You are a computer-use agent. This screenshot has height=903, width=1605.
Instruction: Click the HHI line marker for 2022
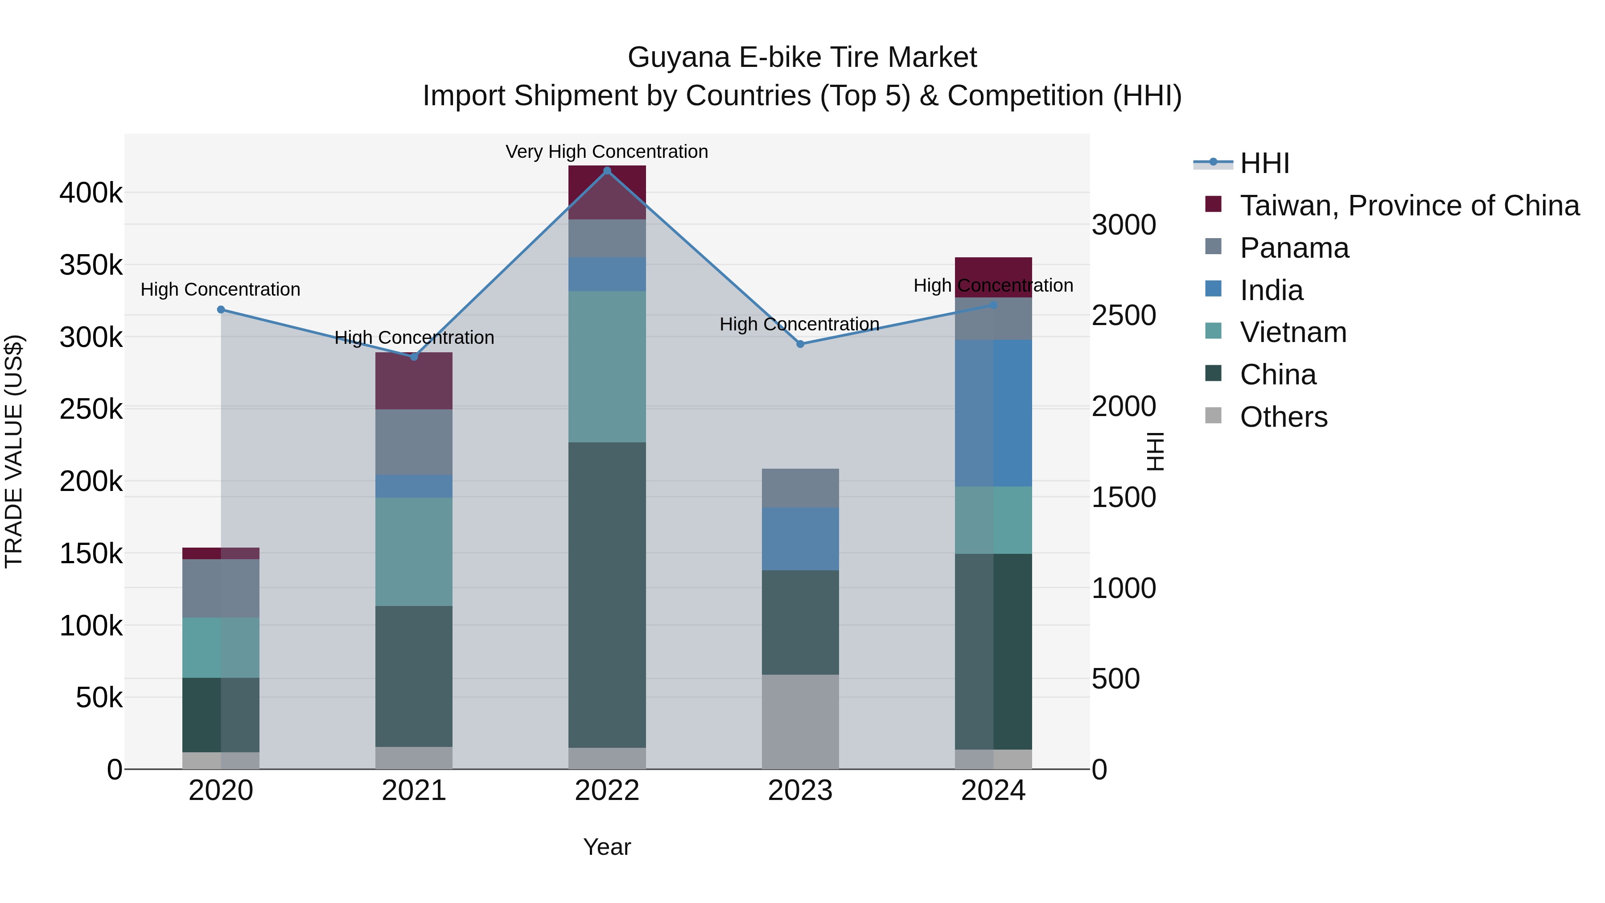(x=607, y=171)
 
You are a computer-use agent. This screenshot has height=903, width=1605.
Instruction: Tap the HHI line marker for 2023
(x=800, y=344)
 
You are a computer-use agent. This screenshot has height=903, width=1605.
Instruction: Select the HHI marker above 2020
(x=221, y=310)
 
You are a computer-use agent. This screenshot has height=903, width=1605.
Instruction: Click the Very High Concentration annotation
(x=606, y=152)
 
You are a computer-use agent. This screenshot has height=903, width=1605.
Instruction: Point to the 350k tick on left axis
(x=91, y=265)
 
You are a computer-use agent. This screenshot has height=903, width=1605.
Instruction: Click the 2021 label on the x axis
(x=414, y=791)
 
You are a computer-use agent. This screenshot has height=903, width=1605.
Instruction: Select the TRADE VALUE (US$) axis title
(x=14, y=451)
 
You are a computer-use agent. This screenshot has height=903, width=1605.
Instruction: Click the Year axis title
(x=606, y=847)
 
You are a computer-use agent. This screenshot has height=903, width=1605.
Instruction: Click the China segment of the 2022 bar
(x=607, y=595)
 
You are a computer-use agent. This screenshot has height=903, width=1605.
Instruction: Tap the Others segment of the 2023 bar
(x=800, y=722)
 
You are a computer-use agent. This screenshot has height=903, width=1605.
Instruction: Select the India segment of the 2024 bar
(x=993, y=413)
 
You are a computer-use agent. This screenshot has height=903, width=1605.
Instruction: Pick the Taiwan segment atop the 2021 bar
(x=414, y=381)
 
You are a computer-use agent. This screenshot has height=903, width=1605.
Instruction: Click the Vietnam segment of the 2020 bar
(x=221, y=647)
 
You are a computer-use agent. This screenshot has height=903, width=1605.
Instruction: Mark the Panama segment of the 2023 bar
(x=800, y=488)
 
